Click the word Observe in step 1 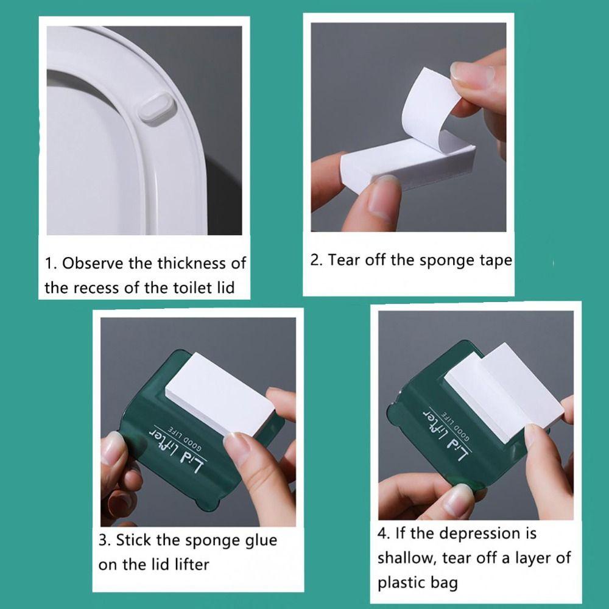coord(93,263)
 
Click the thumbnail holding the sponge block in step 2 coord(382,199)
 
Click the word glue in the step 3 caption coord(261,541)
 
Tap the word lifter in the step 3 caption coord(192,565)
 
